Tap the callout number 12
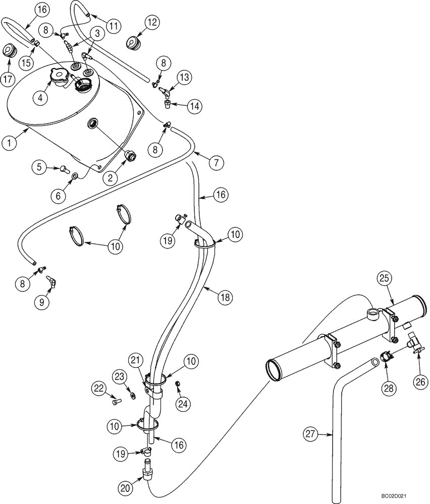coord(152,22)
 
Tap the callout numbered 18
coord(225,297)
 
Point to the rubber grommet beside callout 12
coord(133,44)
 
